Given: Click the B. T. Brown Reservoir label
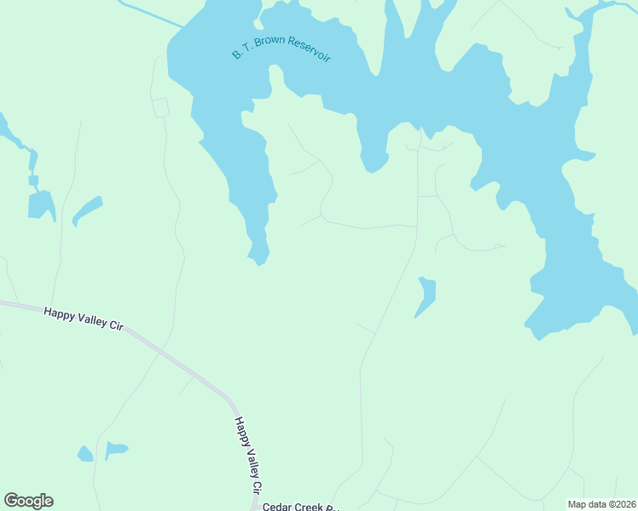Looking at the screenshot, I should tap(281, 49).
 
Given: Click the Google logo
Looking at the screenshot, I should tap(28, 501).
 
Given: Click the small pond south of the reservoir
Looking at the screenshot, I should tap(426, 295).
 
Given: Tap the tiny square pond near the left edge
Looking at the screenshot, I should tap(33, 181).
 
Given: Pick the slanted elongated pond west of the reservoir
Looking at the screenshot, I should tap(87, 210).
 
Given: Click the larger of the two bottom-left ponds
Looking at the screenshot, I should tap(115, 448).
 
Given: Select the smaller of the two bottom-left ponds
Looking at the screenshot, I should tap(85, 453).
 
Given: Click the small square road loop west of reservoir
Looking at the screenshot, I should tap(160, 107).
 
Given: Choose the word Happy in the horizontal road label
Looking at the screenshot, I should tap(59, 312).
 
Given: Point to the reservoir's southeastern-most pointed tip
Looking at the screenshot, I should tap(634, 330).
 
